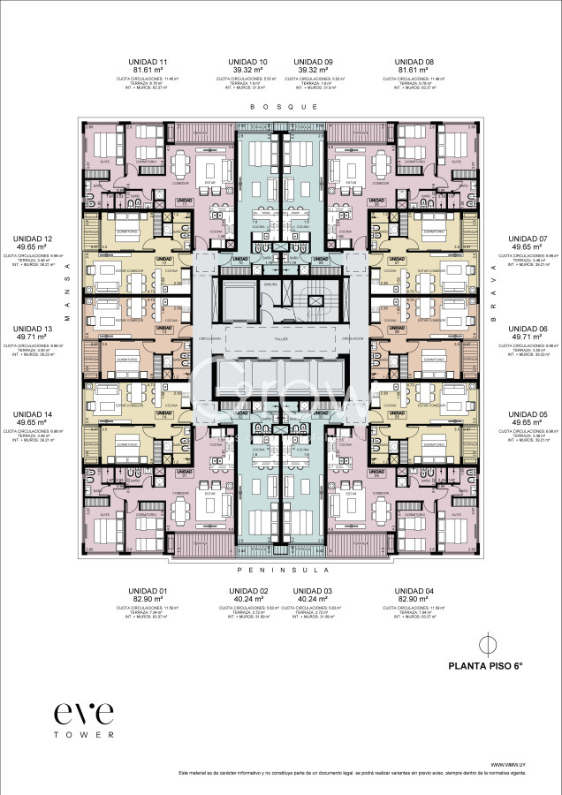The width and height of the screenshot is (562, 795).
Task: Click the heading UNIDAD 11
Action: pyautogui.click(x=149, y=62)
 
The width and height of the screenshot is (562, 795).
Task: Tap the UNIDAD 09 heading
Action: pyautogui.click(x=314, y=62)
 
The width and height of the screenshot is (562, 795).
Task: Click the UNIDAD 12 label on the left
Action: pyautogui.click(x=30, y=238)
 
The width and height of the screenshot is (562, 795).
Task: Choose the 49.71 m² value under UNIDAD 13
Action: pyautogui.click(x=30, y=337)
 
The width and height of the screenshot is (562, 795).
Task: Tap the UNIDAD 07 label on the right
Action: pyautogui.click(x=531, y=238)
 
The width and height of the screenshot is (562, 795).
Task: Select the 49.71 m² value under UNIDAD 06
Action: pyautogui.click(x=531, y=337)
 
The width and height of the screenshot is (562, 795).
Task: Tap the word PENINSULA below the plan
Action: pyautogui.click(x=283, y=570)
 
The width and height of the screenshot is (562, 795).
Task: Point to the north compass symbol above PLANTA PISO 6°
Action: pyautogui.click(x=484, y=643)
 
